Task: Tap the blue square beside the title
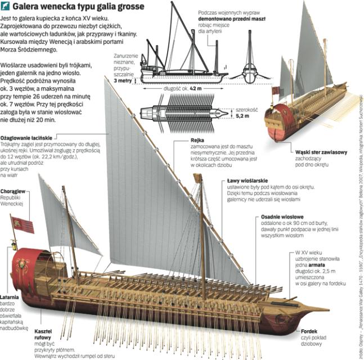[5, 7]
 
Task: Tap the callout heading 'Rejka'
[197, 141]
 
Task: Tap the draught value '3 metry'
[124, 81]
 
